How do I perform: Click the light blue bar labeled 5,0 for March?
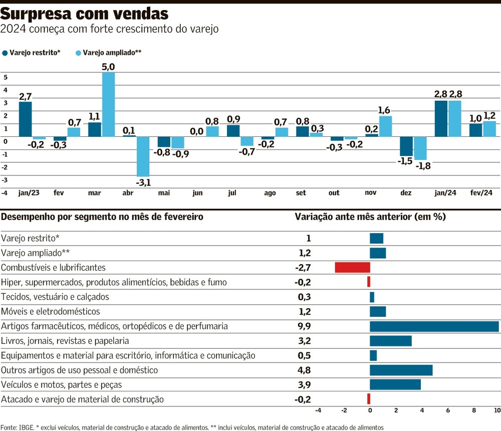pyautogui.click(x=108, y=104)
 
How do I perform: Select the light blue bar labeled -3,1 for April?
pyautogui.click(x=143, y=156)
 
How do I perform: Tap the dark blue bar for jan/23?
pyautogui.click(x=25, y=119)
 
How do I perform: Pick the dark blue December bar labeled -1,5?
pyautogui.click(x=406, y=146)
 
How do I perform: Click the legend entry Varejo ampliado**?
pyautogui.click(x=109, y=52)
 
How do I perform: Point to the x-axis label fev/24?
pyautogui.click(x=482, y=193)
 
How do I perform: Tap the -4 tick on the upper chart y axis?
pyautogui.click(x=5, y=192)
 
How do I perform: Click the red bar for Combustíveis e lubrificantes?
pyautogui.click(x=352, y=268)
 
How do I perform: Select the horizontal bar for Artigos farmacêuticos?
pyautogui.click(x=434, y=326)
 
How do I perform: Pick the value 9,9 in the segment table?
pyautogui.click(x=305, y=326)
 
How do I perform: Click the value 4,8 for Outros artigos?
pyautogui.click(x=305, y=370)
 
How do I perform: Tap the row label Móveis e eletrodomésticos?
pyautogui.click(x=51, y=312)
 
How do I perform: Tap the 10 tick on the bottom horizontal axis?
pyautogui.click(x=497, y=410)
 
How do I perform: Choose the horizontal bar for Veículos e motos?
pyautogui.click(x=395, y=385)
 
